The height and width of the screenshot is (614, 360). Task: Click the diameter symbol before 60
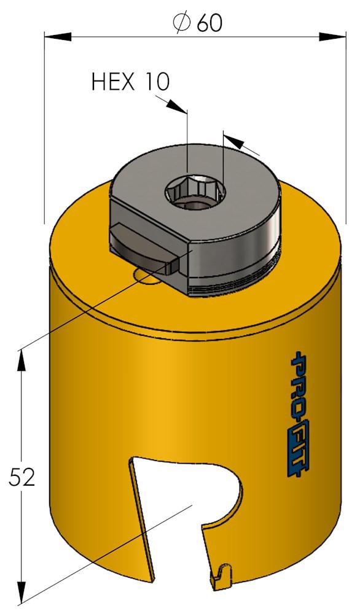181,23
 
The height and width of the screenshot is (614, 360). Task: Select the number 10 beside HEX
158,82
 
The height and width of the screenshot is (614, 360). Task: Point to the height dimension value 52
22,477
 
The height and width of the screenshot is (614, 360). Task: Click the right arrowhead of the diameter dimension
332,37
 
